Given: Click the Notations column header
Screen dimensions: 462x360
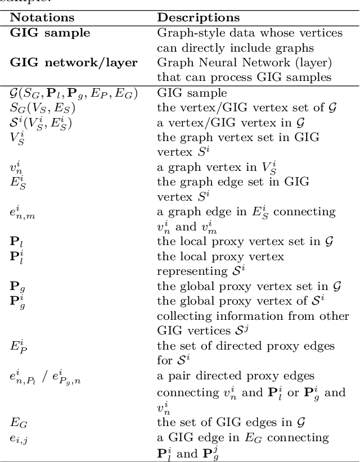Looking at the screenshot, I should (42, 19).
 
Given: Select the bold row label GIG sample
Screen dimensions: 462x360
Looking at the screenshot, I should (49, 33).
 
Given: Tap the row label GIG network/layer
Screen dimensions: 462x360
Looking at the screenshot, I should (74, 62).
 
